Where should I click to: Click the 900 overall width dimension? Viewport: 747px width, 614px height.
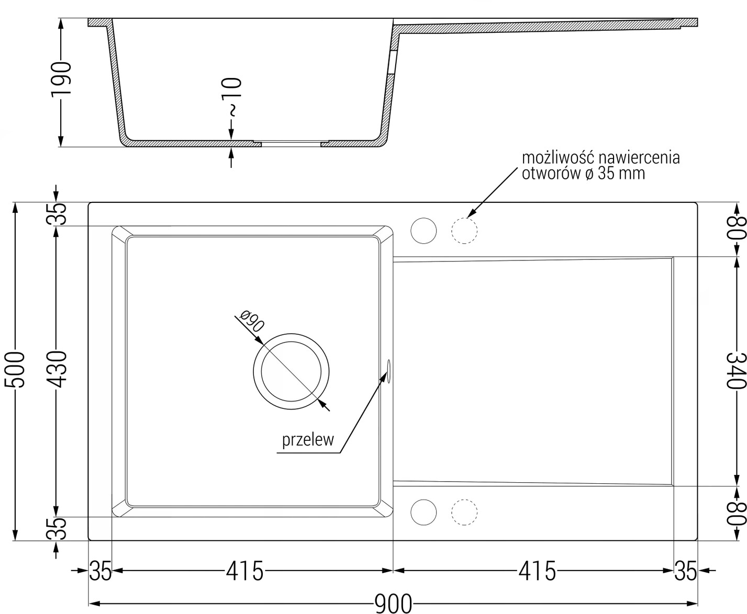pyautogui.click(x=393, y=604)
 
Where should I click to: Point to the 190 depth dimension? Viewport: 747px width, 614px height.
pyautogui.click(x=61, y=78)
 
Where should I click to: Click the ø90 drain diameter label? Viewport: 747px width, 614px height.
pyautogui.click(x=252, y=321)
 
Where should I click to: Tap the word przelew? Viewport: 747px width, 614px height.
pyautogui.click(x=308, y=440)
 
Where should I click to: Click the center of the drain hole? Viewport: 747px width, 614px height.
pyautogui.click(x=291, y=371)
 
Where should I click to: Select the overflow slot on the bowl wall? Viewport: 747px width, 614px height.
pyautogui.click(x=389, y=371)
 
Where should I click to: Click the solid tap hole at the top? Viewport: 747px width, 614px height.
pyautogui.click(x=423, y=231)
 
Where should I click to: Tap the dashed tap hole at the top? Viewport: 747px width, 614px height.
pyautogui.click(x=464, y=231)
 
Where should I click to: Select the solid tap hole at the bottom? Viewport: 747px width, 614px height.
pyautogui.click(x=423, y=512)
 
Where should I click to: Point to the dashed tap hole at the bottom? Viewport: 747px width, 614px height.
pyautogui.click(x=464, y=512)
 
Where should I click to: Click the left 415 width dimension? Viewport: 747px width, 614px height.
pyautogui.click(x=245, y=571)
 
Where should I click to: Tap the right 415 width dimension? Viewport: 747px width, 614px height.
pyautogui.click(x=537, y=571)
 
